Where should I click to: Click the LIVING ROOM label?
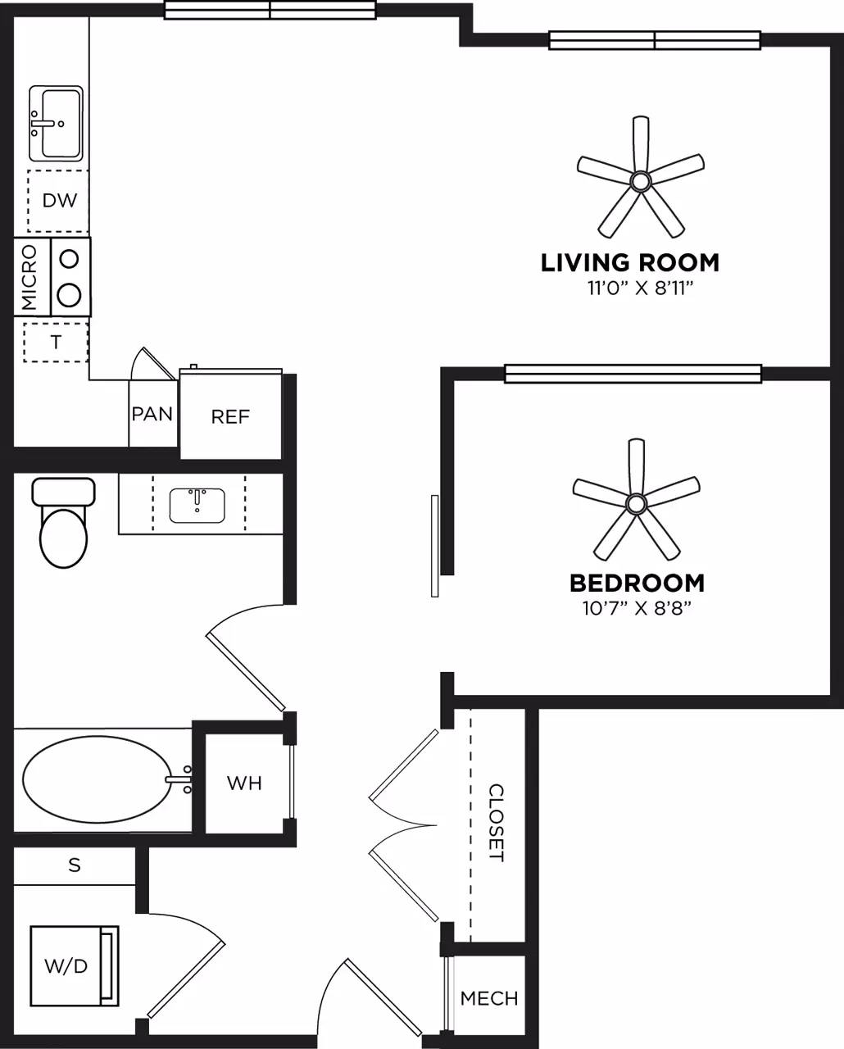pos(629,263)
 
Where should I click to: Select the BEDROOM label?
pos(637,584)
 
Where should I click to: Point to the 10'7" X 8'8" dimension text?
pos(637,608)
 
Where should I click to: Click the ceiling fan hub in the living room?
pos(640,180)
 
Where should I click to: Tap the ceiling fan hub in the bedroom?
pos(636,502)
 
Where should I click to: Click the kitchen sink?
pos(56,124)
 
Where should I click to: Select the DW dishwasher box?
pos(59,200)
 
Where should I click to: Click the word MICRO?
pos(29,277)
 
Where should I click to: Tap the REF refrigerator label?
pos(230,417)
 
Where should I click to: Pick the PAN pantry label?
pos(152,414)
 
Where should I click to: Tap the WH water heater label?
pos(244,783)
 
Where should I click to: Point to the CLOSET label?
pos(497,823)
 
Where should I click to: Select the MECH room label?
pos(489,998)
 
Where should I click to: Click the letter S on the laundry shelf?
pos(75,865)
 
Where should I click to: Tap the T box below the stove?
pos(56,343)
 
